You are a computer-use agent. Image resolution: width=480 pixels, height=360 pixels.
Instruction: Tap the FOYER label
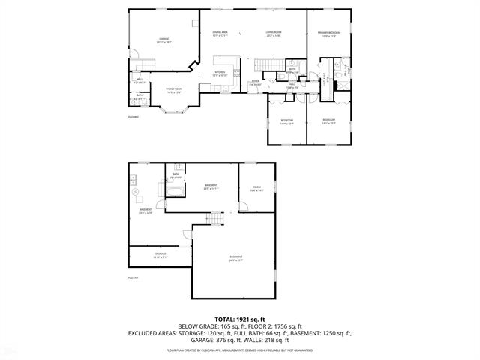point(256,82)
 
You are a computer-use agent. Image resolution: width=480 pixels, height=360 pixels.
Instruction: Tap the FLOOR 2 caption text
point(133,118)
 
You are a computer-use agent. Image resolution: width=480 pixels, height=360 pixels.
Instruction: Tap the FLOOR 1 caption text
point(133,277)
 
